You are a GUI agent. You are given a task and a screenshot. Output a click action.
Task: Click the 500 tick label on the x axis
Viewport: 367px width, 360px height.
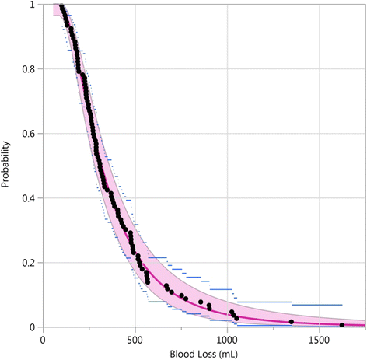(135, 339)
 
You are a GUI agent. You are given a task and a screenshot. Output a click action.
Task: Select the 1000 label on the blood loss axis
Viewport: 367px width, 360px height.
(227, 339)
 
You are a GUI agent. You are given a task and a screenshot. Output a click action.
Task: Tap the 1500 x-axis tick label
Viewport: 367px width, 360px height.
(319, 339)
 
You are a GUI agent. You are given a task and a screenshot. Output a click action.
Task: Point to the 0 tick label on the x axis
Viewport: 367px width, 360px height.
(44, 339)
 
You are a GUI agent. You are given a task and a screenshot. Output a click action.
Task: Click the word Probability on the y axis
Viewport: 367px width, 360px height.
(7, 166)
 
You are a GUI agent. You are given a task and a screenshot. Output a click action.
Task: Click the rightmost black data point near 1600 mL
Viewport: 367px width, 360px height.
(342, 324)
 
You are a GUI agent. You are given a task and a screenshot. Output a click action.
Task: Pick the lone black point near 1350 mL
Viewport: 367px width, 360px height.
(292, 322)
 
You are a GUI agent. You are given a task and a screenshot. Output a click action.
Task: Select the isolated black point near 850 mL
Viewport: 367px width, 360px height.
(201, 302)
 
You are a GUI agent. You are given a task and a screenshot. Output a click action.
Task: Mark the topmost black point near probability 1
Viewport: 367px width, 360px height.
(61, 7)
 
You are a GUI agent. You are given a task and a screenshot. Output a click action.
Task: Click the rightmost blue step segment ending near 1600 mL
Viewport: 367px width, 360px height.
(315, 305)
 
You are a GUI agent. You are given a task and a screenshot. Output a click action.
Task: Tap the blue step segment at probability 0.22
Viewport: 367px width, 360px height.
(158, 257)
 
